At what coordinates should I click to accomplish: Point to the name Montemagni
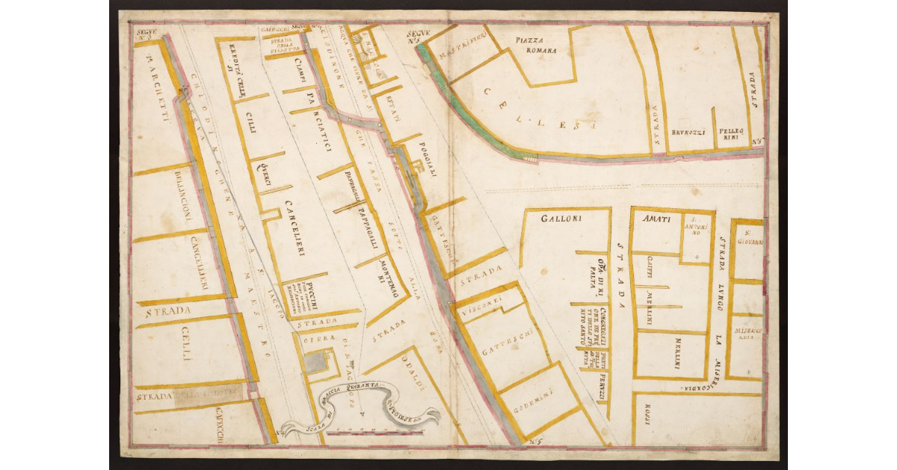pos(382,268)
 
